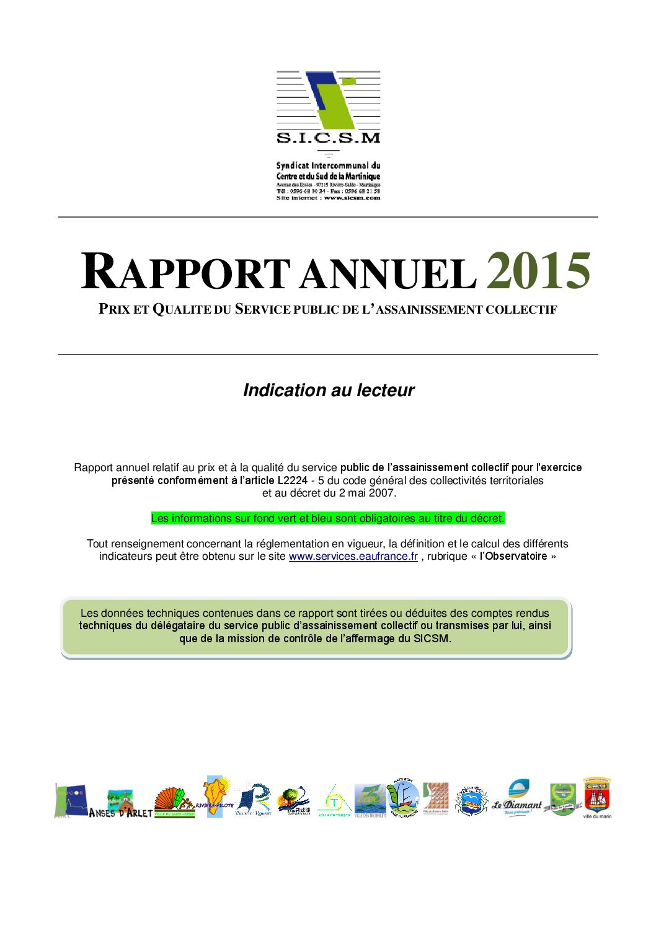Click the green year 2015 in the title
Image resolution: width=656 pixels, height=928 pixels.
point(538,272)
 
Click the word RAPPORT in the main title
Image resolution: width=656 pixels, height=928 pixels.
point(185,272)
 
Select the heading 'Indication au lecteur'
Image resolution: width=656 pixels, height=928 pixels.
point(328,390)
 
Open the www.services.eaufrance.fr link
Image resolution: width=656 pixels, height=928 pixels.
point(353,556)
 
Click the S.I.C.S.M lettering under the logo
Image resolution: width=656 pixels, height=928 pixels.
point(328,138)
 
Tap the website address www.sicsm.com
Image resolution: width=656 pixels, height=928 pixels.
point(352,198)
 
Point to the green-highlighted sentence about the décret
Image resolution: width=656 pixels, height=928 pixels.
point(328,518)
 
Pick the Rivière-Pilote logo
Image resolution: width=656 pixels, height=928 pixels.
point(215,798)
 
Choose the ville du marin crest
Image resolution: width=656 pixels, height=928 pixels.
point(596,797)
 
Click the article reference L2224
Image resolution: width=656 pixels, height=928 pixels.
point(292,480)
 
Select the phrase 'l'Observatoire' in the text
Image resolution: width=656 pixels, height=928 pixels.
point(513,556)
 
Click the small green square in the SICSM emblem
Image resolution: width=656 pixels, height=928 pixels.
point(349,81)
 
